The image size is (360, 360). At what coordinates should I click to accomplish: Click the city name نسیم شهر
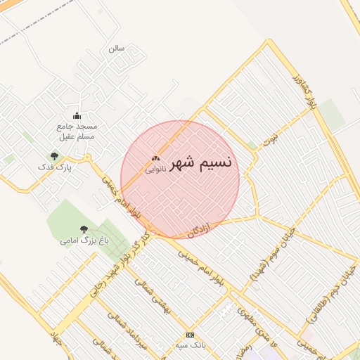point(201,163)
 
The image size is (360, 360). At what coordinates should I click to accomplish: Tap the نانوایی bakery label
point(155,169)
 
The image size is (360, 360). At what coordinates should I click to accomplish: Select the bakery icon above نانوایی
point(155,160)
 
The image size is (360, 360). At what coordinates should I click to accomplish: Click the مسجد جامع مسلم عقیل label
point(77,130)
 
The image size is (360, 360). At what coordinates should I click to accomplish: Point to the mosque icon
point(77,116)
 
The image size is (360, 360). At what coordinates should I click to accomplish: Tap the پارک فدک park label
point(55,169)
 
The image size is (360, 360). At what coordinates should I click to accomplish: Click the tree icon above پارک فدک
point(55,156)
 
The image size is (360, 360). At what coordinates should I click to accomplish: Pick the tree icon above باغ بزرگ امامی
point(84,229)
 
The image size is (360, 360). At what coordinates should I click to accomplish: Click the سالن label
point(117,49)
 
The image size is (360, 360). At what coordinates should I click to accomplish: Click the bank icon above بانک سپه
point(189,335)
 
